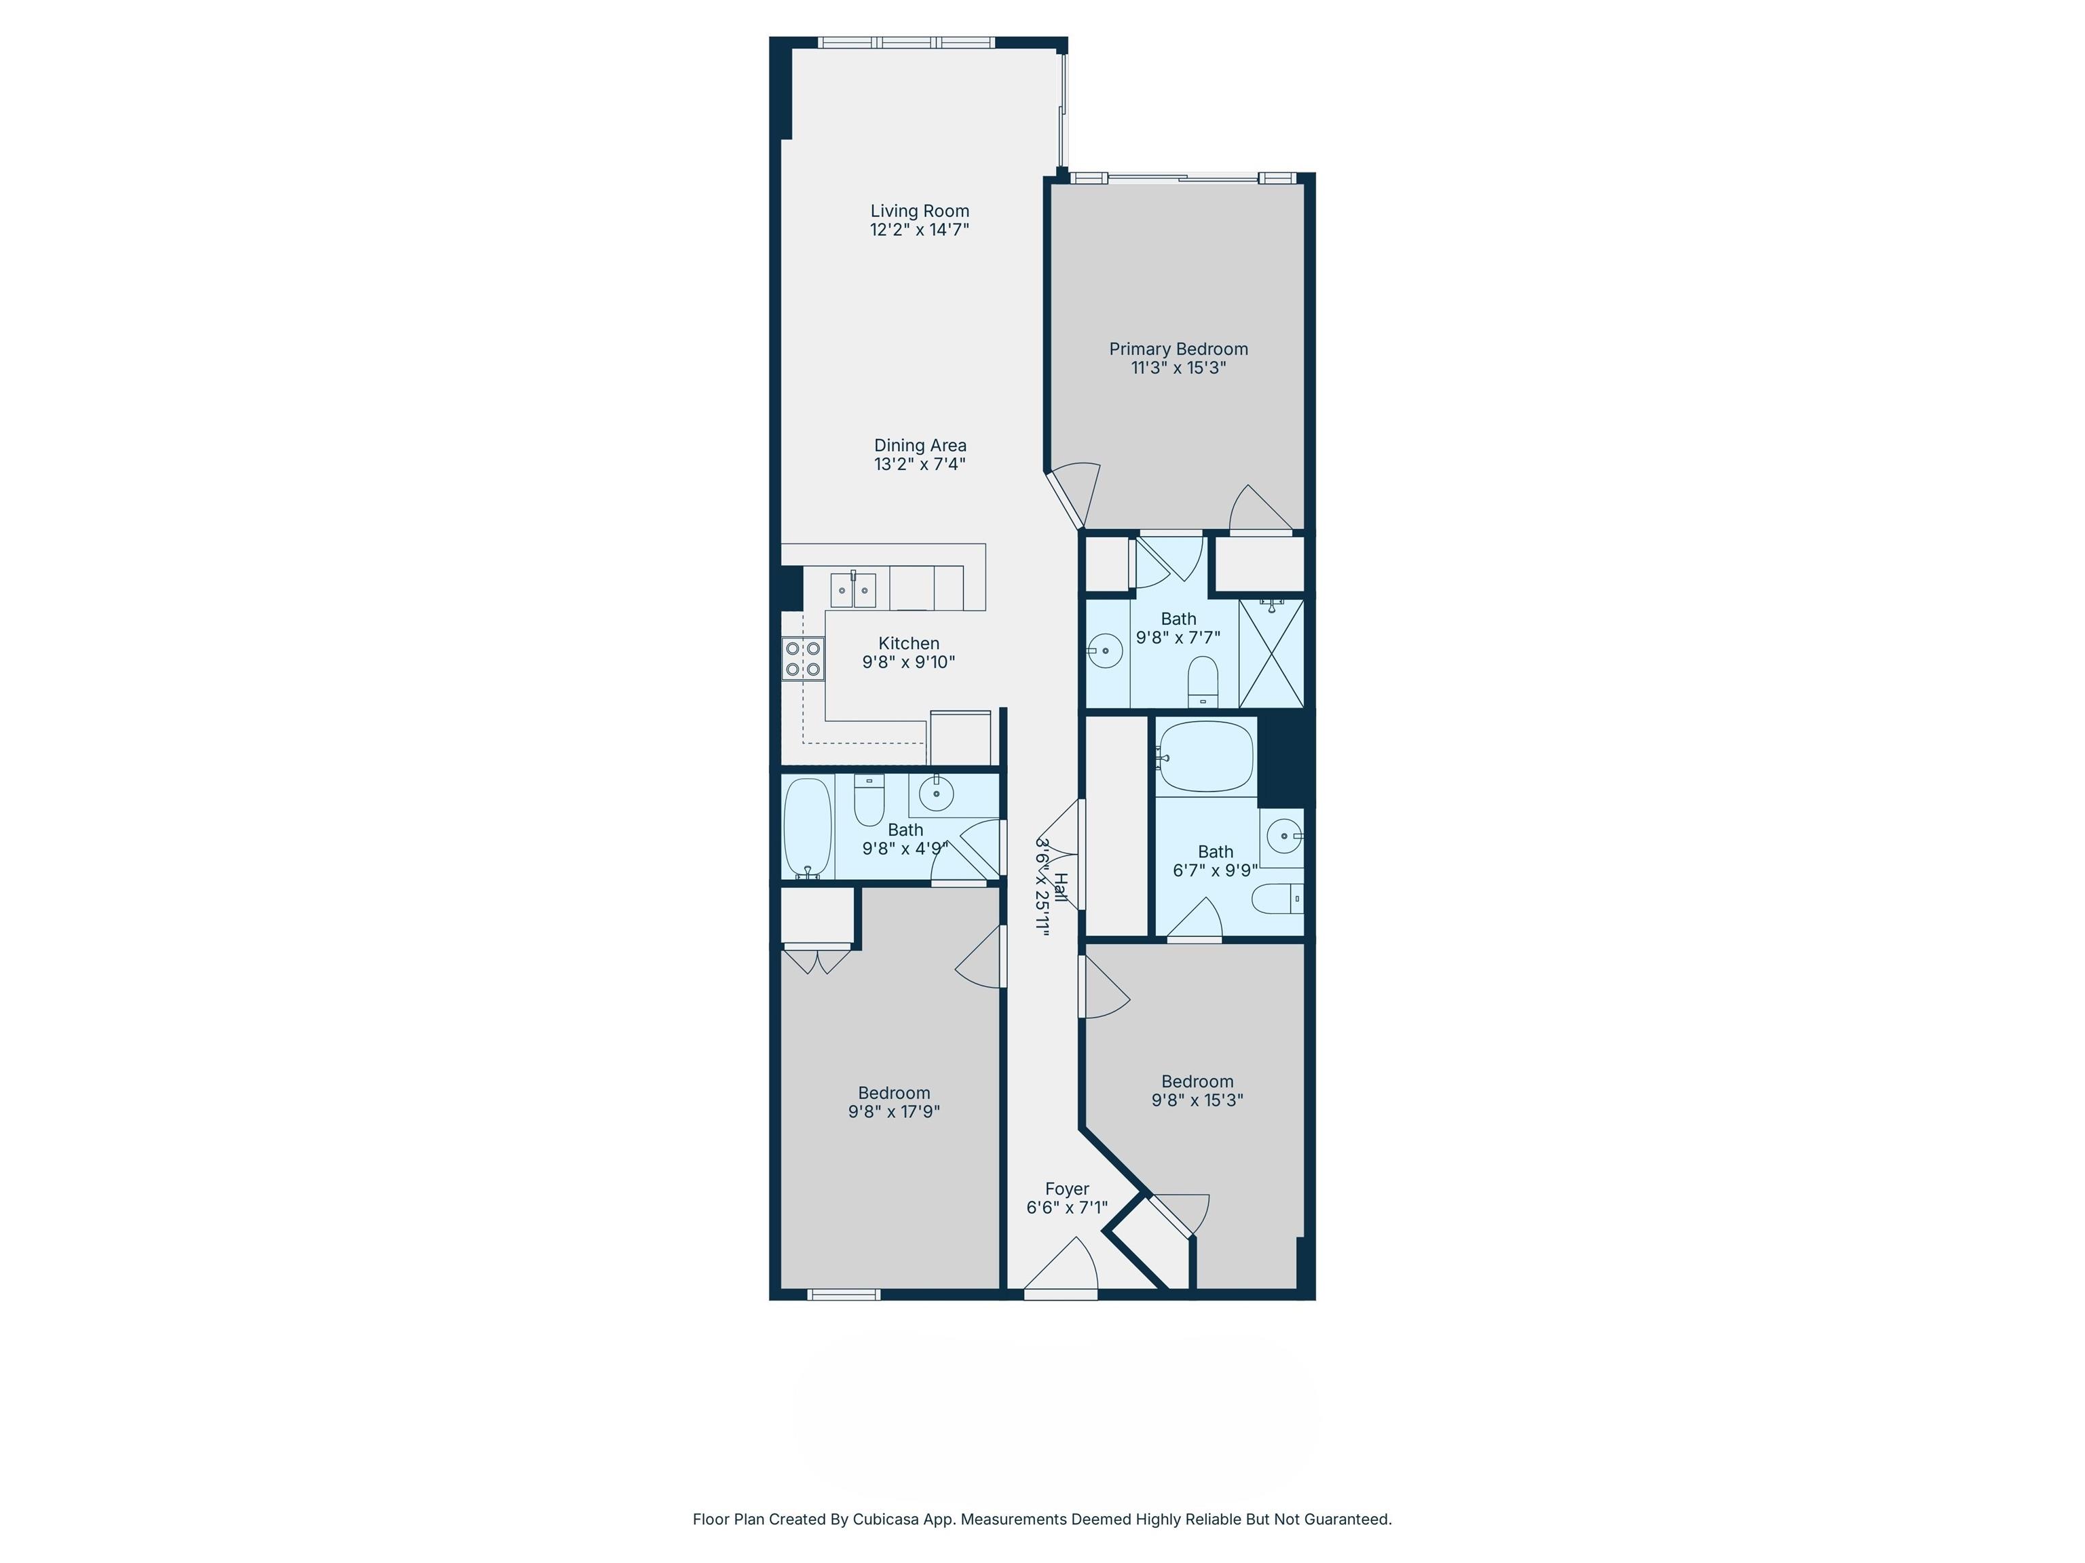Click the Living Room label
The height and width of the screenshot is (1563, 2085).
coord(919,211)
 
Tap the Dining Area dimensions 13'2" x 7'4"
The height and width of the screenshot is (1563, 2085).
coord(919,463)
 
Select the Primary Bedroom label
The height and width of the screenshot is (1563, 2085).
coord(1178,349)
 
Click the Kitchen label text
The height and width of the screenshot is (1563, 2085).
coord(909,644)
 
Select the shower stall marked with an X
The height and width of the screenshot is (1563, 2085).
coord(1271,653)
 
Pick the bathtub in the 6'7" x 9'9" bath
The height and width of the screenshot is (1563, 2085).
coord(1207,756)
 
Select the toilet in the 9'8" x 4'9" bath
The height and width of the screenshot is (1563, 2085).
coord(869,799)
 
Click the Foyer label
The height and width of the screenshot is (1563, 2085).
coord(1067,1189)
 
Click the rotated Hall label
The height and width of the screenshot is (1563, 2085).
coord(1060,887)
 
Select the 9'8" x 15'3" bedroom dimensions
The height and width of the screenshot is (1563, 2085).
coord(1197,1100)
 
